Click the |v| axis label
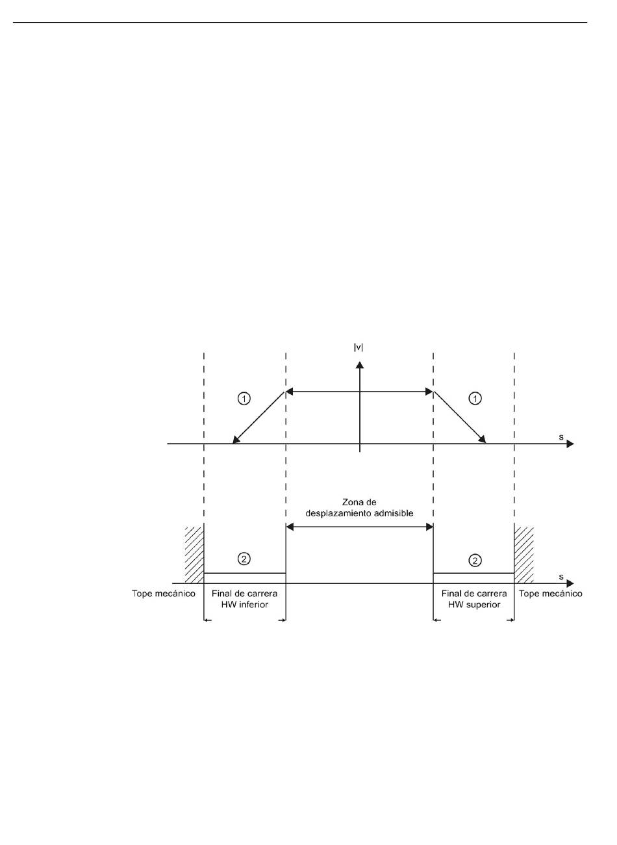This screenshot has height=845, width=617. pos(359,347)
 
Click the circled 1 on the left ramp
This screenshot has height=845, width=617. pos(244,399)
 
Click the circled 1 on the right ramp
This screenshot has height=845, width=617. pos(475,399)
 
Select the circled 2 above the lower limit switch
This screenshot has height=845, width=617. pos(244,559)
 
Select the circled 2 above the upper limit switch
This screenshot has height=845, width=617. pos(475,559)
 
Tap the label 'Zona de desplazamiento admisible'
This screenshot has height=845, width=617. pos(359,507)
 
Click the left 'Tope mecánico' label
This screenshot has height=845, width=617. pos(164,594)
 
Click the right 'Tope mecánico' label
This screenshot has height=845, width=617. pos(551,594)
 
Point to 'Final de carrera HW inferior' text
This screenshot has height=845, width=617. pos(244,599)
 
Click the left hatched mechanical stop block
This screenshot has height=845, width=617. pos(194,555)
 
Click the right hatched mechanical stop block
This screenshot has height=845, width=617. pos(524,555)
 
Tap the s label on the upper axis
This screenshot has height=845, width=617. pos(561,437)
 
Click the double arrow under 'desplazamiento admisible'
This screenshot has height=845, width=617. pos(359,527)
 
